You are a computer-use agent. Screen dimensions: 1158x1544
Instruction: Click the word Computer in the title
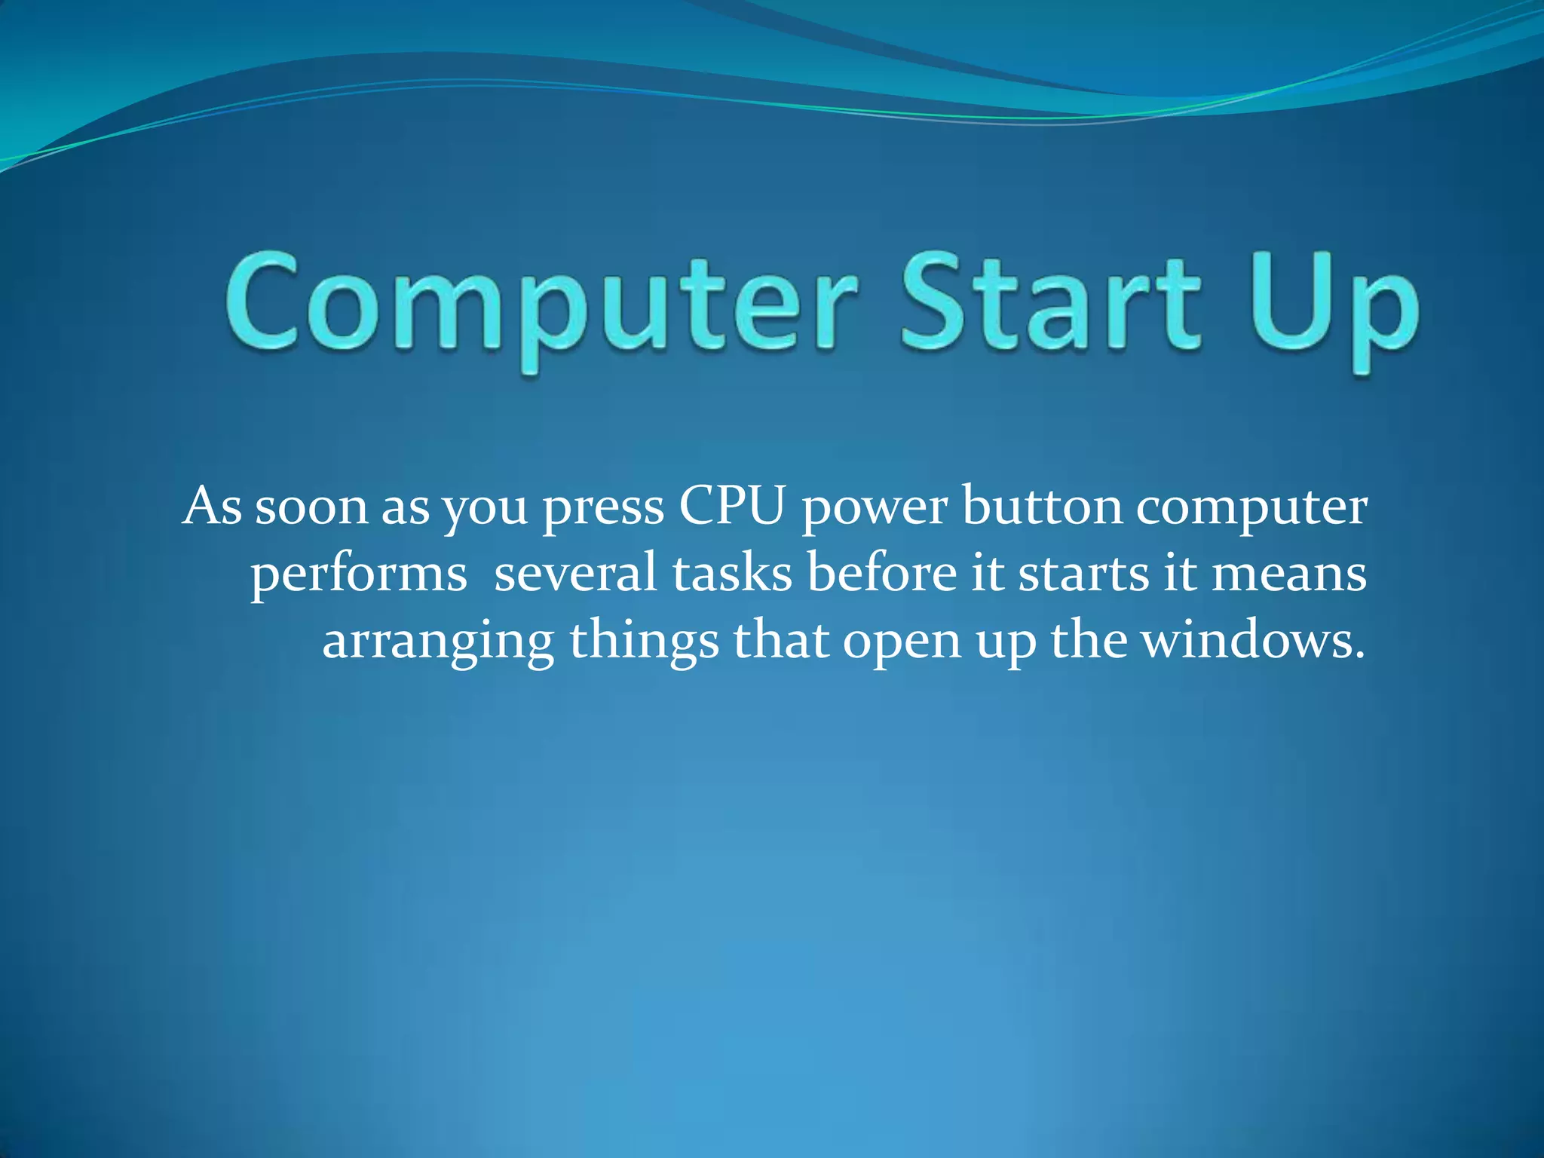(x=540, y=305)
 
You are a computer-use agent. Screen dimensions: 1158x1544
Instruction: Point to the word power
(x=875, y=509)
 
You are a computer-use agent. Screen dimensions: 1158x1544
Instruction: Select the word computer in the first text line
(x=1251, y=509)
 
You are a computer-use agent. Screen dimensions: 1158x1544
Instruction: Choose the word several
(x=575, y=573)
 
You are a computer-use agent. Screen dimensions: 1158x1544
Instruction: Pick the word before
(x=881, y=573)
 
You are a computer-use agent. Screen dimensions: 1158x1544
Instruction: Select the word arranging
(x=438, y=643)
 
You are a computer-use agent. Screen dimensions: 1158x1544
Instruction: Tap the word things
(x=644, y=643)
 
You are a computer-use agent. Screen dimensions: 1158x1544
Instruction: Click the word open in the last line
(x=902, y=645)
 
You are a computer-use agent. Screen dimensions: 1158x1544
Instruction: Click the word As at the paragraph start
(x=213, y=506)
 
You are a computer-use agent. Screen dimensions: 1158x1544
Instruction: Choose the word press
(x=603, y=509)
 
